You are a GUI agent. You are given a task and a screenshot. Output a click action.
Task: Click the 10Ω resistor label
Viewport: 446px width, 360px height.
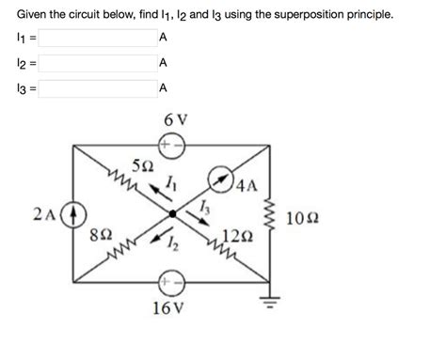302,217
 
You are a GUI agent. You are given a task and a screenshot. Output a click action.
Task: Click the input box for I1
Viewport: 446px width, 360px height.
96,39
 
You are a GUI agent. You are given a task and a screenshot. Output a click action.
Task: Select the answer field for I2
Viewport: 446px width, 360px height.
96,64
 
